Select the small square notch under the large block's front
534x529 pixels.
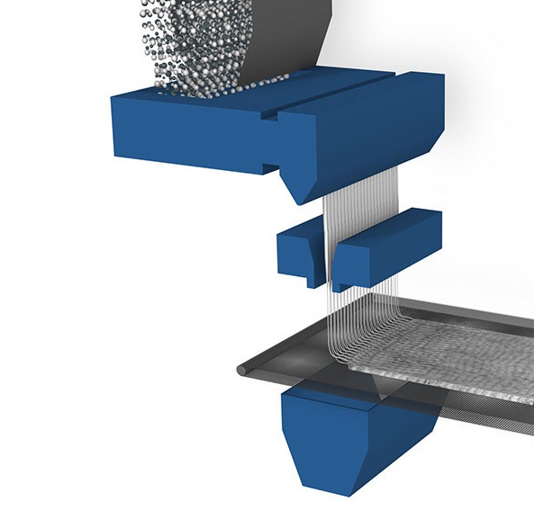268,166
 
